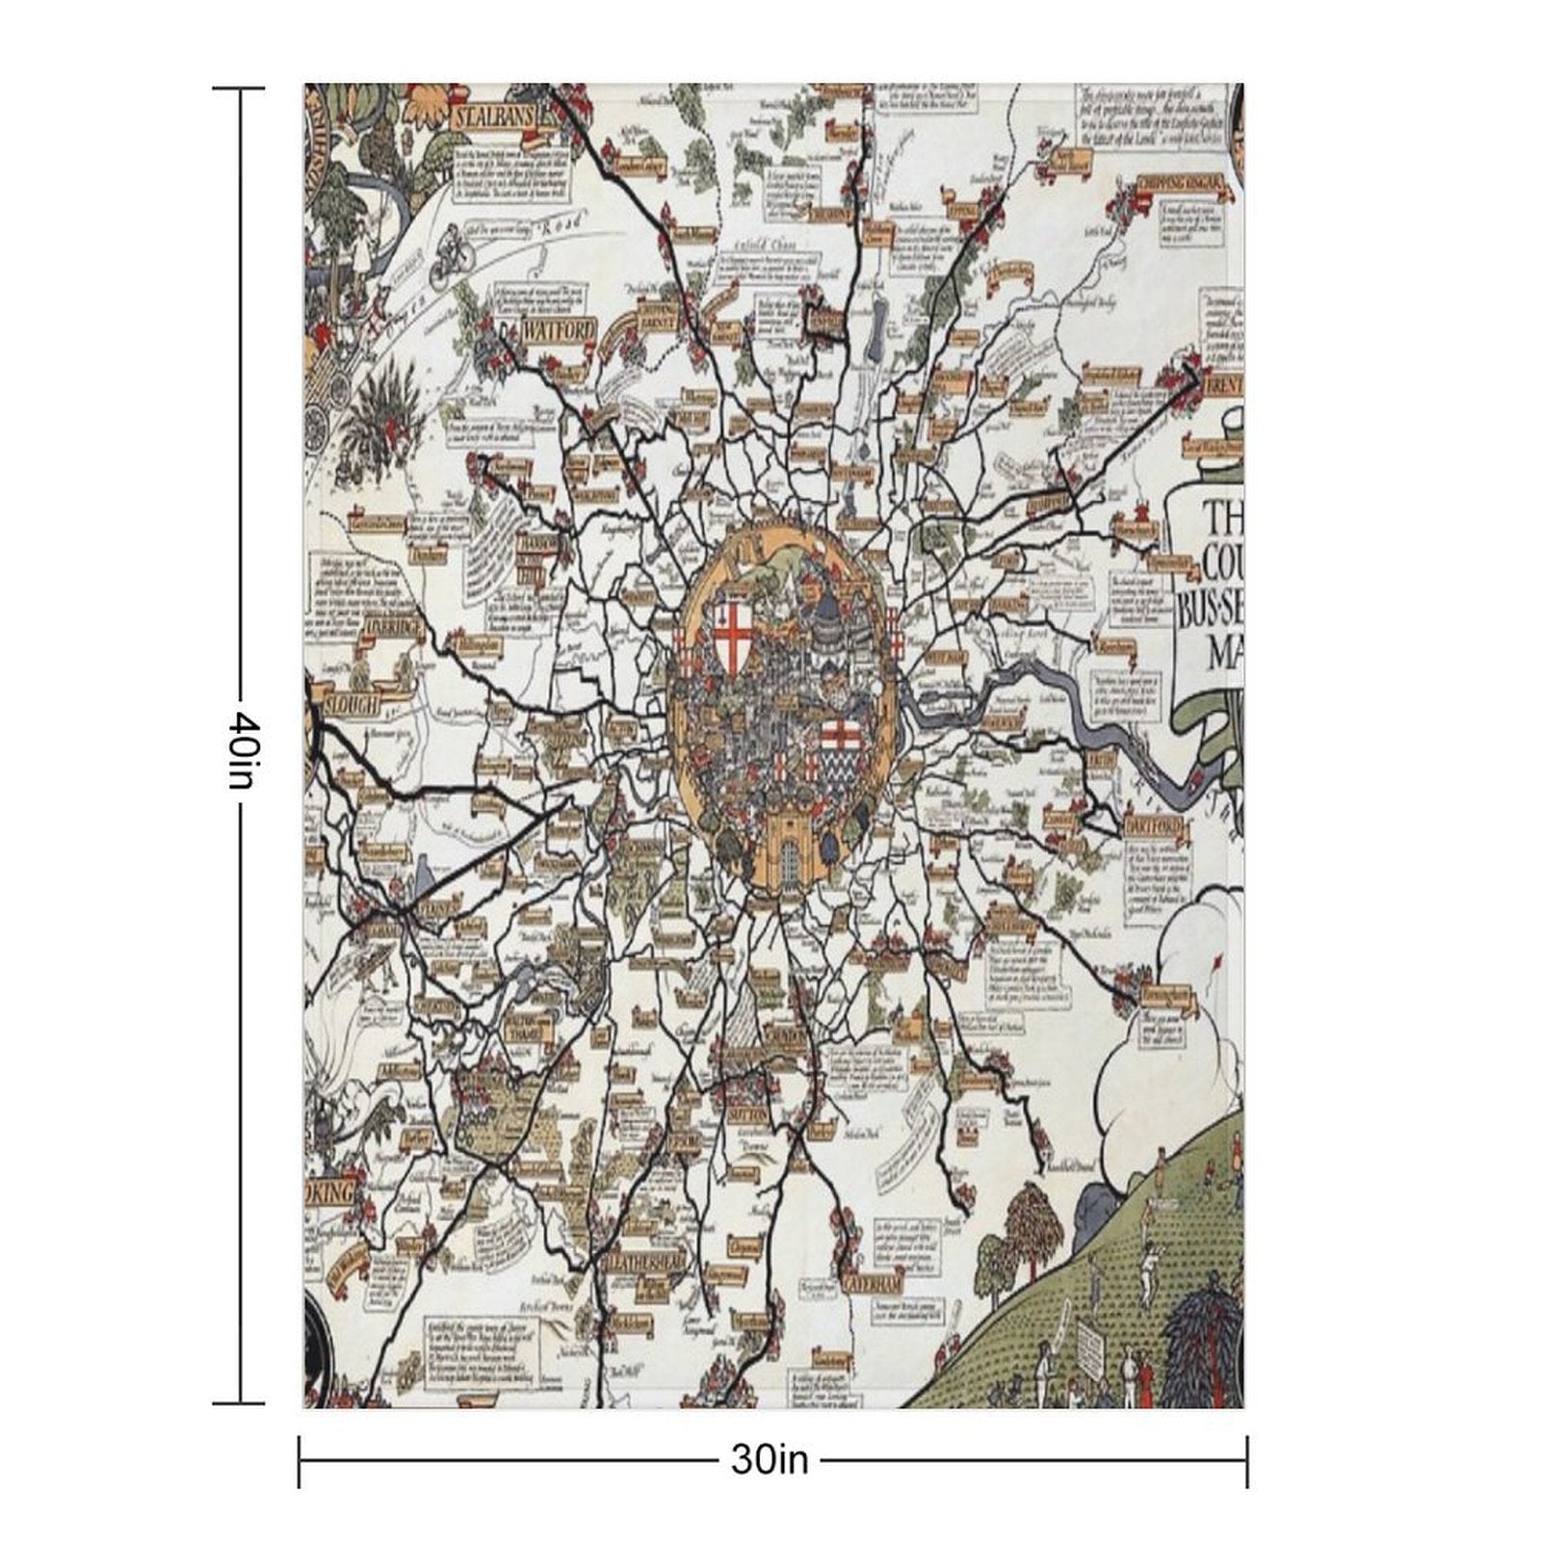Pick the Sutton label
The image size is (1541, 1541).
click(x=746, y=1113)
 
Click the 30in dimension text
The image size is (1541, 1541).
click(x=770, y=1460)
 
